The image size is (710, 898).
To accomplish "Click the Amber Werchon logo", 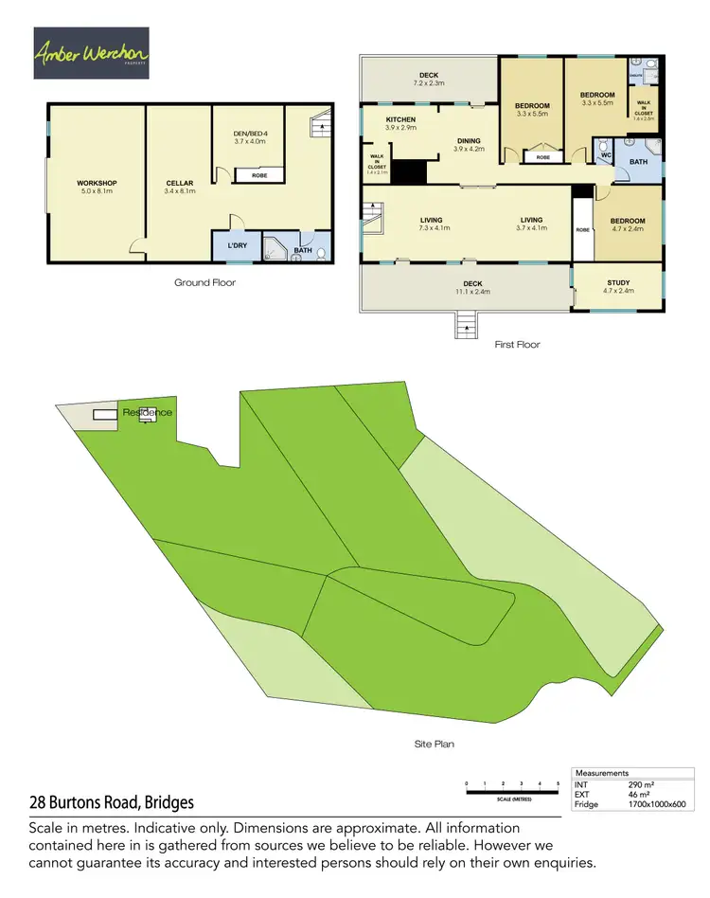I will pos(90,54).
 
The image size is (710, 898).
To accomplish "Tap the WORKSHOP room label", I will pos(97,182).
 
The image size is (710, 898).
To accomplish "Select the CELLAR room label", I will pos(179,183).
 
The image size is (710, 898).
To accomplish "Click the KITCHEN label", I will pos(400,119).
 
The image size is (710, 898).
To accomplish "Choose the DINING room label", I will pos(468,140).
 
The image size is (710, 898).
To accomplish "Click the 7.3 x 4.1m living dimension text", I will pos(432,228).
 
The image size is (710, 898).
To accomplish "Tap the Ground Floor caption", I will pos(204,282).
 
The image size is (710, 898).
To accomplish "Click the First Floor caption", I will pos(517,344).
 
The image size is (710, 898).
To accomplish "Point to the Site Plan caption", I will pos(435,744).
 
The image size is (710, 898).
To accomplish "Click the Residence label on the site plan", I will pos(147,413).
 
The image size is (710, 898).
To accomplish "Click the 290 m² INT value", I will pos(641,785).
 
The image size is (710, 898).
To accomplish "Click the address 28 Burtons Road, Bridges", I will pos(111,802).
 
